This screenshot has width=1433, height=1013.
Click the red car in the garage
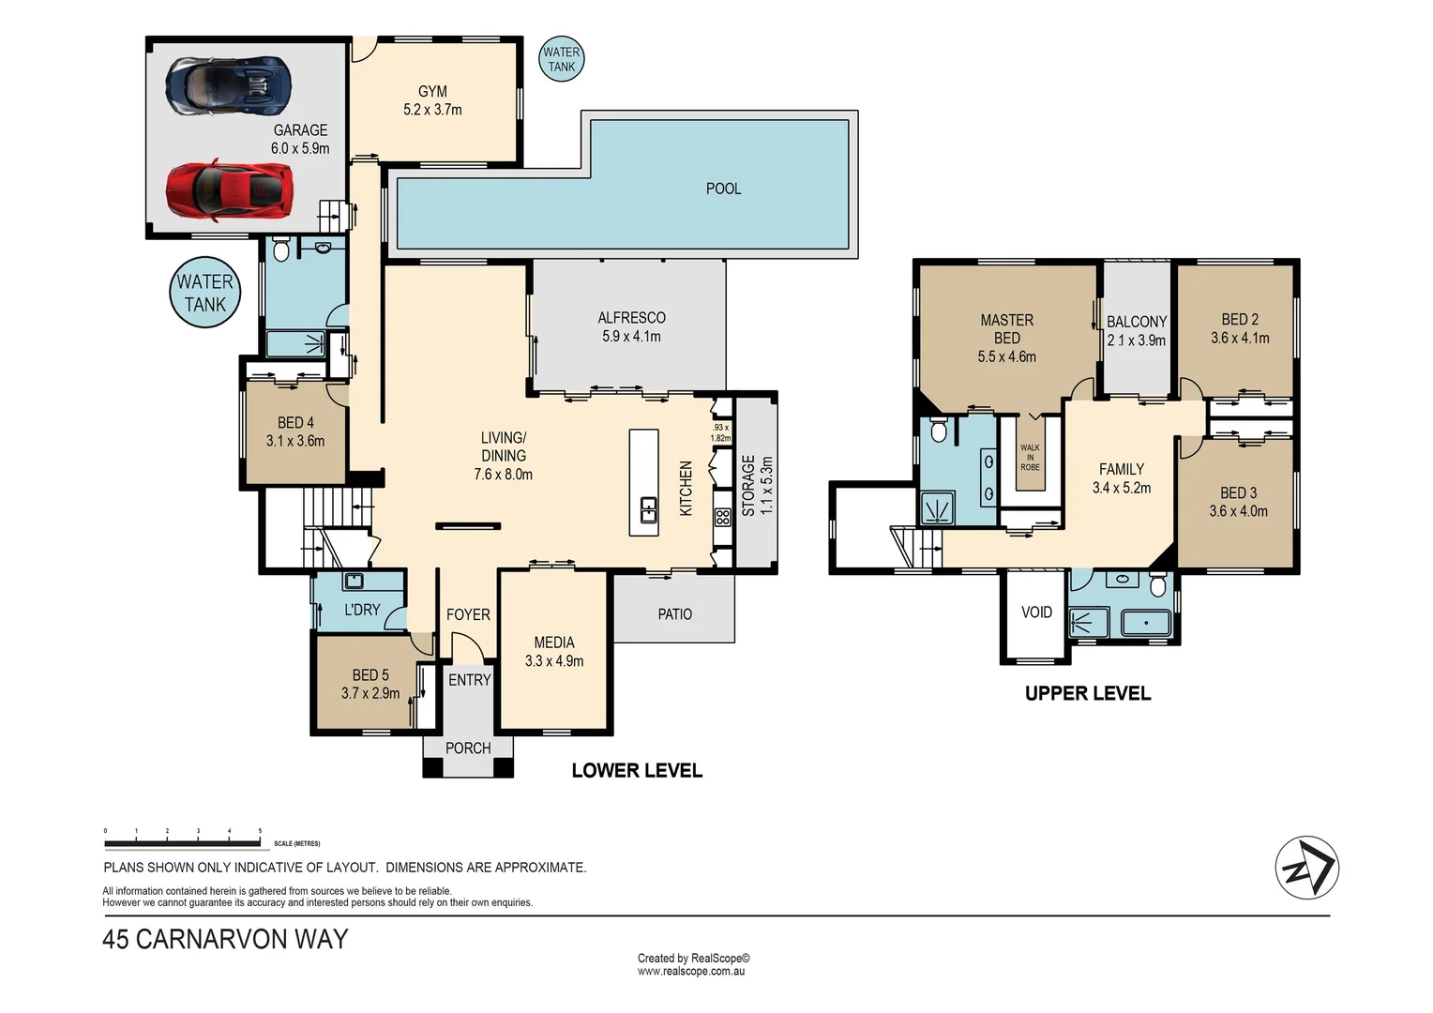228,190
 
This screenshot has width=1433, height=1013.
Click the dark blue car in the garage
228,83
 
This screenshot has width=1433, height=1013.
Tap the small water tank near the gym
562,59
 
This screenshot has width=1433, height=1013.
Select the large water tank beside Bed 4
204,293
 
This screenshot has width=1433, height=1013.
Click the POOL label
723,189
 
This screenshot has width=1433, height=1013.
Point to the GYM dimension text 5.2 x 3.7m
432,110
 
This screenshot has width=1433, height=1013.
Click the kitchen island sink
648,510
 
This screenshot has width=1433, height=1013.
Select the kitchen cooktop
722,517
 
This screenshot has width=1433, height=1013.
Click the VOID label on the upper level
1036,612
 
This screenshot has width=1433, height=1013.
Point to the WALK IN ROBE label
1030,458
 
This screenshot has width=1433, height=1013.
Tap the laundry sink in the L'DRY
354,581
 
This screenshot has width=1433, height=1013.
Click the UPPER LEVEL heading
1088,694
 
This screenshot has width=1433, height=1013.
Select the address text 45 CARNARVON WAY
225,939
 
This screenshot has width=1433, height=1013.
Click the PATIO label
674,614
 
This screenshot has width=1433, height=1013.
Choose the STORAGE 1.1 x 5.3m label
757,486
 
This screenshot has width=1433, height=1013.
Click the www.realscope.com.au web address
691,972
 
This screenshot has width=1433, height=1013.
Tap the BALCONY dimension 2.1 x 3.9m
1137,340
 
